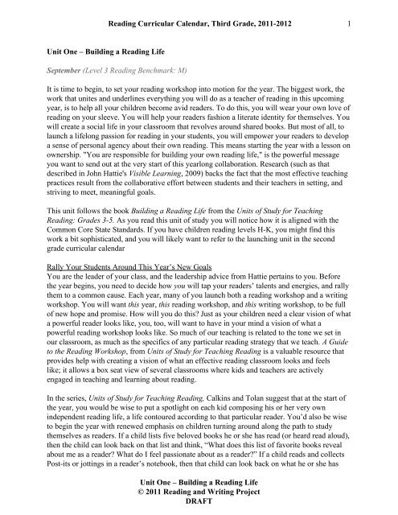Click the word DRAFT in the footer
click(199, 504)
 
